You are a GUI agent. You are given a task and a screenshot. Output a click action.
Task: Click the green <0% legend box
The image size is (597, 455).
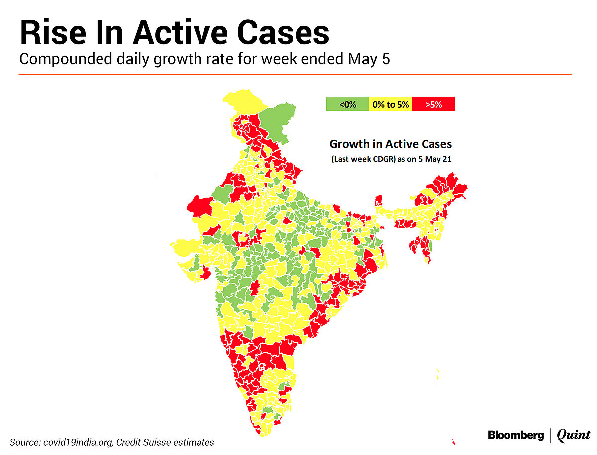pos(347,104)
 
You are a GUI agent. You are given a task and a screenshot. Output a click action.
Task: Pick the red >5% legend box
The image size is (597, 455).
pos(433,104)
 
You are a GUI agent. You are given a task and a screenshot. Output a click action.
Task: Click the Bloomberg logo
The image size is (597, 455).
pos(515,436)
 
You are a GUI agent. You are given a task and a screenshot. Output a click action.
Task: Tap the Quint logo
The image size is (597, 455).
pos(573,436)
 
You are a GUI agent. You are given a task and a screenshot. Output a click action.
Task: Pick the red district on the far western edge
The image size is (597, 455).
pos(199,206)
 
